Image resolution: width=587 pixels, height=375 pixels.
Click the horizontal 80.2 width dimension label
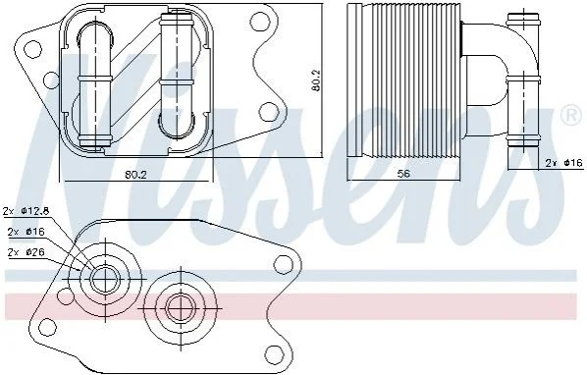pyautogui.click(x=135, y=175)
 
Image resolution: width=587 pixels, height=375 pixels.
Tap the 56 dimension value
pyautogui.click(x=403, y=174)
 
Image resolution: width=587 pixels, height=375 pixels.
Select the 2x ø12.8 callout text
pyautogui.click(x=27, y=211)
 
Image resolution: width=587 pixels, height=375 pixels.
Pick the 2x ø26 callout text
pyautogui.click(x=26, y=252)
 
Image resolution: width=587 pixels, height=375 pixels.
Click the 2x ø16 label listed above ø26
pyautogui.click(x=26, y=232)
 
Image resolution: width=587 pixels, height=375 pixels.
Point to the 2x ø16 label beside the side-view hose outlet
pyautogui.click(x=564, y=163)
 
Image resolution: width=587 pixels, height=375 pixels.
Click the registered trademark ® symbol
pyautogui.click(x=571, y=117)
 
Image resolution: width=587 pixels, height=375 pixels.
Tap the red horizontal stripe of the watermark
pyautogui.click(x=292, y=306)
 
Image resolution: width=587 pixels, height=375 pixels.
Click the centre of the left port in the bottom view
pyautogui.click(x=106, y=279)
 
